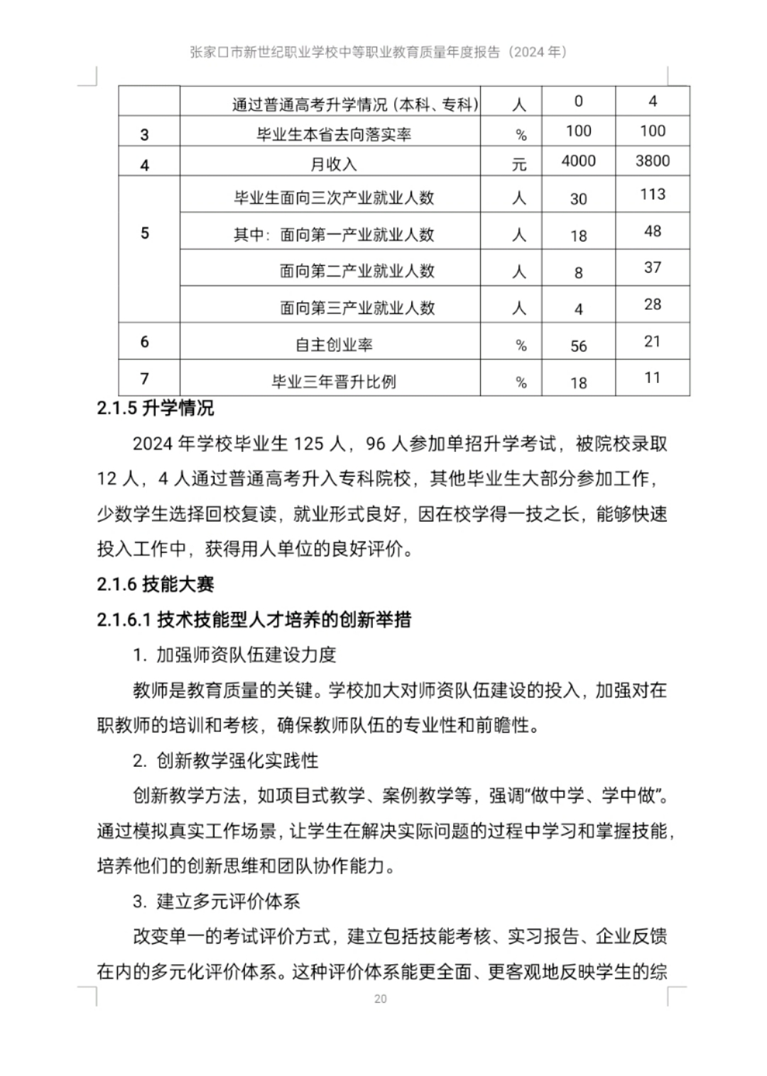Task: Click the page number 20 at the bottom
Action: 381,999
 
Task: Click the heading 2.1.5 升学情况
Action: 155,409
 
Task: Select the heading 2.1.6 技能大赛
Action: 155,585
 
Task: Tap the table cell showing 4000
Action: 578,161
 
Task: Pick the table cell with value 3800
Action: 652,161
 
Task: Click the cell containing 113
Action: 652,195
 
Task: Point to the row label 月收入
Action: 333,165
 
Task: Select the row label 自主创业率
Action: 333,345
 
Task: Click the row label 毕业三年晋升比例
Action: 333,382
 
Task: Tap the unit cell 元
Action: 519,165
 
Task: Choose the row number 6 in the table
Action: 145,342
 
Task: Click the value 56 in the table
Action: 578,346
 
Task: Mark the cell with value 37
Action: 652,268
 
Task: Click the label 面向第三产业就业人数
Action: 357,308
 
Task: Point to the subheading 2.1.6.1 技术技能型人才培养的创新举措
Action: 254,620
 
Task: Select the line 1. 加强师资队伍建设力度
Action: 234,655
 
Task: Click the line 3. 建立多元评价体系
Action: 217,902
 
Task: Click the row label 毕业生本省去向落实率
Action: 333,135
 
